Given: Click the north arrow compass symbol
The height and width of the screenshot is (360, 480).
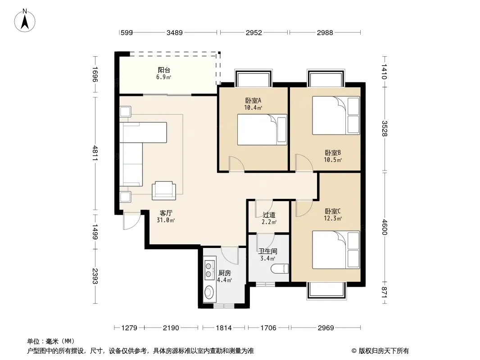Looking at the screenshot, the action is tap(25, 21).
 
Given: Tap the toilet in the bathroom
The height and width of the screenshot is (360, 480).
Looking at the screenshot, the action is tap(280, 269).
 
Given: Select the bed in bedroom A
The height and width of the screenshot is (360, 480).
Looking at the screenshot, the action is tap(262, 130).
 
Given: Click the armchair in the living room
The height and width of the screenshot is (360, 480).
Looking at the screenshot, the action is tap(164, 190).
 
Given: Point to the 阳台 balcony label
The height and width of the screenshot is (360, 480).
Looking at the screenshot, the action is tap(164, 70).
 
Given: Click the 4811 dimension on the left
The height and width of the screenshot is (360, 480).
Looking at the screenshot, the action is tap(95, 153).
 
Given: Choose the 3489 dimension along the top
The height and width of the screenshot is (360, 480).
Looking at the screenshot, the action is tap(175, 32).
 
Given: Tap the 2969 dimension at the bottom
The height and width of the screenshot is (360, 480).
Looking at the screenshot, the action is tap(326, 328).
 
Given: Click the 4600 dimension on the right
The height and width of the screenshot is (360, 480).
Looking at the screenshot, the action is tap(385, 227).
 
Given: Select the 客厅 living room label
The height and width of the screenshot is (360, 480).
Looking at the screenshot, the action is tap(166, 213).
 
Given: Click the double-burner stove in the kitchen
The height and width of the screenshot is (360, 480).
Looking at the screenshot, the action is tap(209, 270).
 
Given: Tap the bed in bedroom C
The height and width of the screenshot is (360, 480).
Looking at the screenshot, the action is tap(336, 250).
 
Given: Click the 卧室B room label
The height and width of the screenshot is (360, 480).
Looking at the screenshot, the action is tap(333, 153).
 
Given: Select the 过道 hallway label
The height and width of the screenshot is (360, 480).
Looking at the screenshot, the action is tap(269, 215).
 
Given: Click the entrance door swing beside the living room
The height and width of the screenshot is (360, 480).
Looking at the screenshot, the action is tap(131, 220).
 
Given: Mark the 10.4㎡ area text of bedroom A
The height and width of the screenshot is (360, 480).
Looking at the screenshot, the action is tap(253, 108).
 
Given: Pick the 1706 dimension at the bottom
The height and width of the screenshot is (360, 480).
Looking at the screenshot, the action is tap(268, 328).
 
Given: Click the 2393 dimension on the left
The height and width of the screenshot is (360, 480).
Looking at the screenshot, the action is tap(95, 276).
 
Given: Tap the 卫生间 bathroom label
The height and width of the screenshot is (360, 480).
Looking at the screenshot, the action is tap(268, 252).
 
